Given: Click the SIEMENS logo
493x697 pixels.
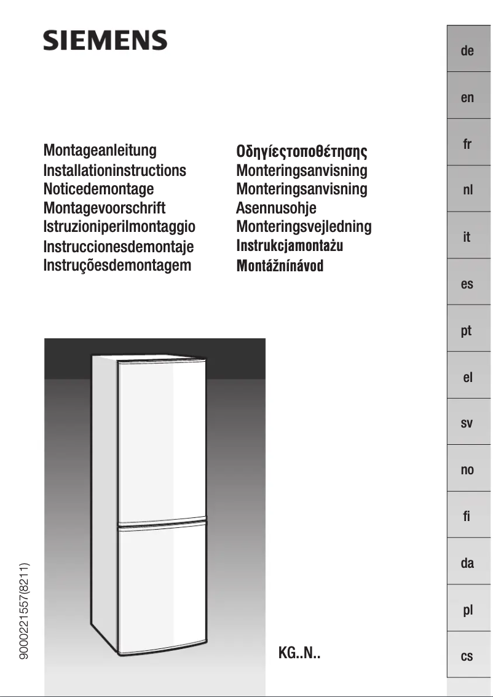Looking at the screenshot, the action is click(105, 41).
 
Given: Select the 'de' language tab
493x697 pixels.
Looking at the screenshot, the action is click(467, 50).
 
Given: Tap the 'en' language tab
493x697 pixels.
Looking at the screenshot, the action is click(467, 97).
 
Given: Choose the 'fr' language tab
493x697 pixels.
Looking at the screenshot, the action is click(467, 145).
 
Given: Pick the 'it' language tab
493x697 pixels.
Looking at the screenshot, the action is click(467, 237).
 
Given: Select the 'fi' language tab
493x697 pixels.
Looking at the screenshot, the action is click(467, 517).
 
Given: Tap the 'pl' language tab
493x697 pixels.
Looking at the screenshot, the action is click(467, 610).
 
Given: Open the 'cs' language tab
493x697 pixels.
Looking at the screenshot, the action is click(467, 656).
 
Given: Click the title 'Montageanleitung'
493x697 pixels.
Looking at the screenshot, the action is click(100, 150).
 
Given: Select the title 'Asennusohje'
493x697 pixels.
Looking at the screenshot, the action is click(276, 208).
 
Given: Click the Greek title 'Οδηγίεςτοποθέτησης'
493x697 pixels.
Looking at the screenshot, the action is click(302, 151).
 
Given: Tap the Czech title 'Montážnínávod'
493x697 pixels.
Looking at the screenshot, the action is click(280, 266).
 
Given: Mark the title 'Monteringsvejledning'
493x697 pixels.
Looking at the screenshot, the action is click(304, 226).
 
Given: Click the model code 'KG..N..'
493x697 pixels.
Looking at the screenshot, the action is click(299, 653).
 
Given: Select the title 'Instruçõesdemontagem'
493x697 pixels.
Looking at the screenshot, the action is click(117, 265).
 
